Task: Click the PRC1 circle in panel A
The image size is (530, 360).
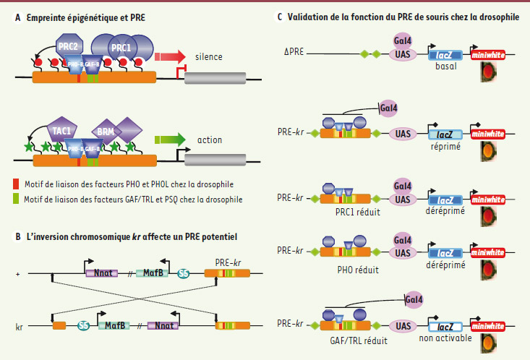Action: (x=121, y=48)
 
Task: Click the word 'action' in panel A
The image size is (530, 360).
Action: (x=208, y=140)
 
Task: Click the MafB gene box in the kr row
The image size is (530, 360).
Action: (x=116, y=327)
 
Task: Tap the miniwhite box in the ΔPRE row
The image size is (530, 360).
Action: (x=489, y=55)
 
